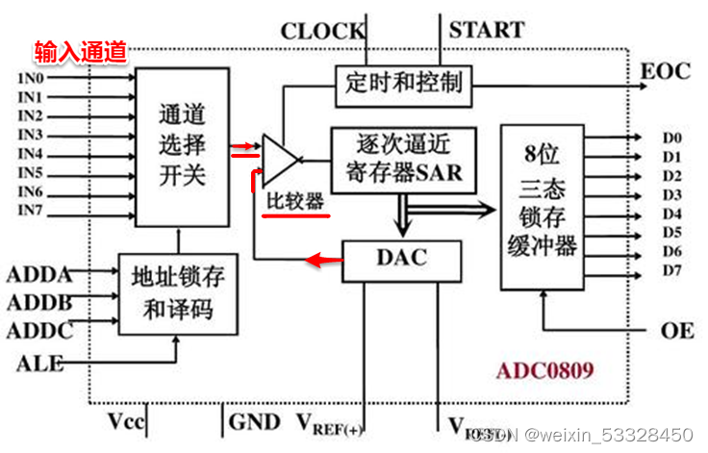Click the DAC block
pos(400,259)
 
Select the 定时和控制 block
pos(403,82)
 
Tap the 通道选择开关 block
pos(182,146)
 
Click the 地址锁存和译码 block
pos(178,294)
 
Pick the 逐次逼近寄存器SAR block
pos(403,160)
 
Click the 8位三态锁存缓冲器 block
pos(544,206)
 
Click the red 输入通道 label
pos(81,51)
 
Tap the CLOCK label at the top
pos(322,31)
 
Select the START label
pos(486,30)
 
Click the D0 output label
pos(671,138)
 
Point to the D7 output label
pos(671,270)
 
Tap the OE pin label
pos(677,330)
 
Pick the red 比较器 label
pos(295,204)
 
